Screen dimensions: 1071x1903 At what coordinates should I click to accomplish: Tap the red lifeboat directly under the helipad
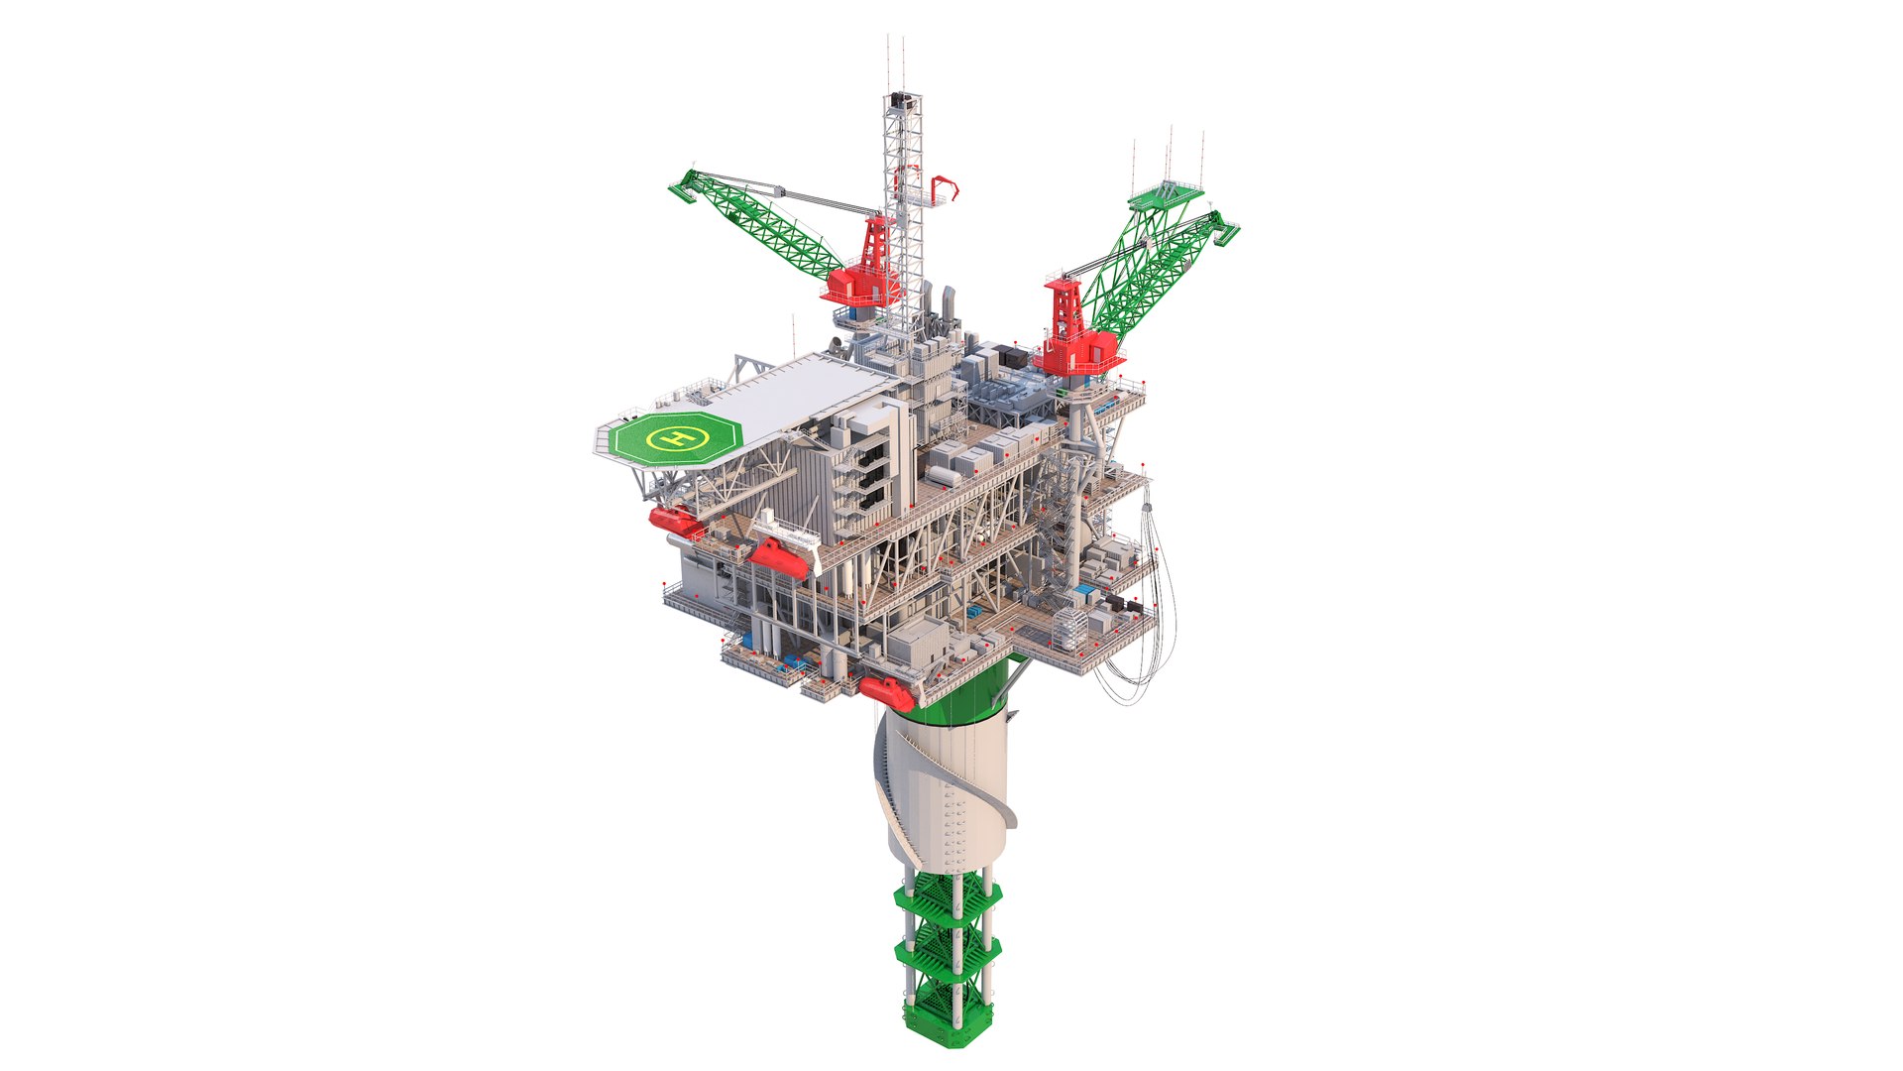click(674, 519)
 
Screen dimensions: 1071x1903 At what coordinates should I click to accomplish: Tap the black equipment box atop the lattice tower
click(901, 100)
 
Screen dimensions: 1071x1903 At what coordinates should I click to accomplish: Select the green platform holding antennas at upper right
click(1166, 196)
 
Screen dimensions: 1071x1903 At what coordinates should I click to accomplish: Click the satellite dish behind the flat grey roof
click(836, 344)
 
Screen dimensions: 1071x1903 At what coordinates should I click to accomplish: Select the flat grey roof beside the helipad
click(793, 398)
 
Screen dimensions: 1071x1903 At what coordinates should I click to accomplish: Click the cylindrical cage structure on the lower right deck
click(1067, 626)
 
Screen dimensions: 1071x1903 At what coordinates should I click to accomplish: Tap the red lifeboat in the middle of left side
click(779, 558)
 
